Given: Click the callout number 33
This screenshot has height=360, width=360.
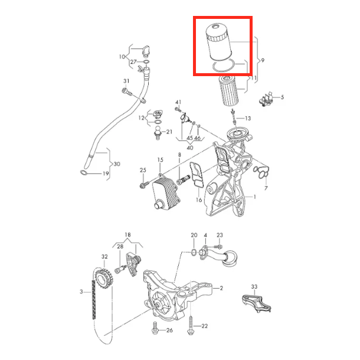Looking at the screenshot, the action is pos(254,287).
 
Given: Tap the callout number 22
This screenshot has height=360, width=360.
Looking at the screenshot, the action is pos(204,326).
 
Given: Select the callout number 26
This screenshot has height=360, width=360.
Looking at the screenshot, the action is pos(169,330).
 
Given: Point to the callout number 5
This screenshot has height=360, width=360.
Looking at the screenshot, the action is pos(282,97).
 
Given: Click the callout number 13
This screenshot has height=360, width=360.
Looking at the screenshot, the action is pos(248,118).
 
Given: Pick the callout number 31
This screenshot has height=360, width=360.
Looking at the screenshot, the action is pos(126,81).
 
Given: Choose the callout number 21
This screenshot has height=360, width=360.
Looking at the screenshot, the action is pos(169,132).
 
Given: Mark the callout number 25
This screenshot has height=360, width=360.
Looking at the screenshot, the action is pos(143,170).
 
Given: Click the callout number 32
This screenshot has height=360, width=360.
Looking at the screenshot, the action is pos(104,257).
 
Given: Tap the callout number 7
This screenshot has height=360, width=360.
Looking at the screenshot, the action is pos(266,188).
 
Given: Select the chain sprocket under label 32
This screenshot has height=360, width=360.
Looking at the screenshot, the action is pos(104,279).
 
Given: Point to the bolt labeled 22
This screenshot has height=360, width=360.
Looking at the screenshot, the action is pos(191,325).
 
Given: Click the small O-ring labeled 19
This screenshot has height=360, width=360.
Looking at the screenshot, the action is pos(83,172).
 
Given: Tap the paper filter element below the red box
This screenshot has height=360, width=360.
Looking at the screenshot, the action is pos(228,91).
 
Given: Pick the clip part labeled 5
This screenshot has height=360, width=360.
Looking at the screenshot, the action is pos(267,99).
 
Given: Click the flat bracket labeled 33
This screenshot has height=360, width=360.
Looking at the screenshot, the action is pos(257,303).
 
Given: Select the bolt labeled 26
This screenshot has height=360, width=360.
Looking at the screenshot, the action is pos(155,328).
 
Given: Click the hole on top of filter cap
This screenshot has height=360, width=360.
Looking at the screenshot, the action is pos(215,27).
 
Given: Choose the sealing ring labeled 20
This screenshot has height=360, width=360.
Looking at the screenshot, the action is pos(194,253).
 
